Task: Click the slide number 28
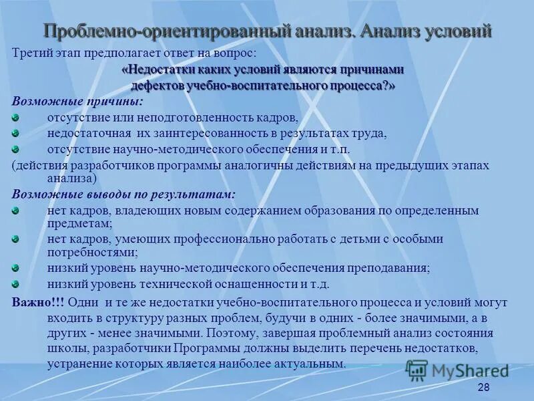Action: pos(485,388)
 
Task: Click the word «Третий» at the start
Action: pos(29,52)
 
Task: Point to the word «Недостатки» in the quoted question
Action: pos(160,70)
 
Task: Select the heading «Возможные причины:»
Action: pos(77,102)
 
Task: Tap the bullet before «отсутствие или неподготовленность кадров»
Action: pos(17,117)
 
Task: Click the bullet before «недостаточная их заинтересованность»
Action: pos(17,133)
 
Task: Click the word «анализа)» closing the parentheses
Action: pos(71,178)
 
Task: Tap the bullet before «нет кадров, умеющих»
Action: pos(17,239)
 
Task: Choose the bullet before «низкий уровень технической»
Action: pos(17,283)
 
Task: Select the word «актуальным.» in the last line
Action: pos(316,364)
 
